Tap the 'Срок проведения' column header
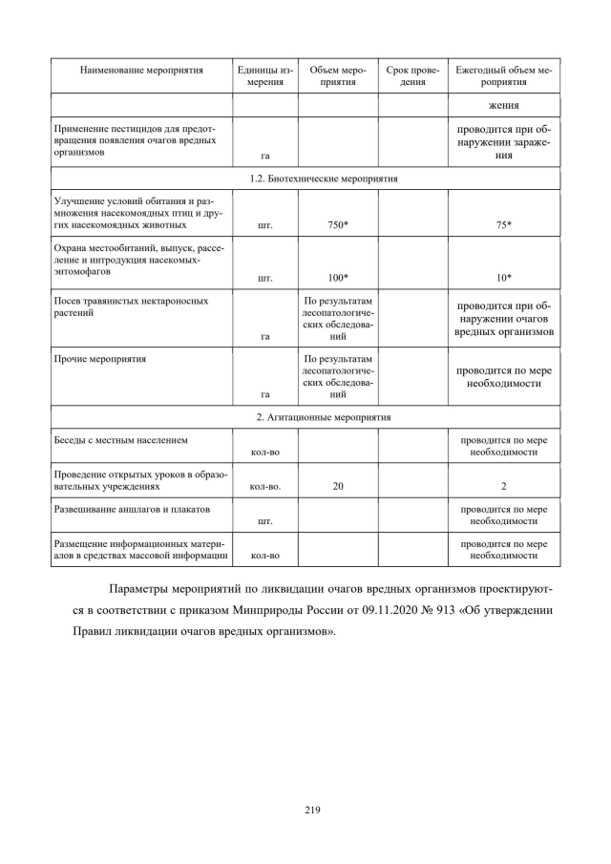tap(412, 76)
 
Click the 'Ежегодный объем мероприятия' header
tap(504, 76)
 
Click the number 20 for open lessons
tap(338, 486)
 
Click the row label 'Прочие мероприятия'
tap(105, 359)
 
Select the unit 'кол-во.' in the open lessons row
tap(264, 486)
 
